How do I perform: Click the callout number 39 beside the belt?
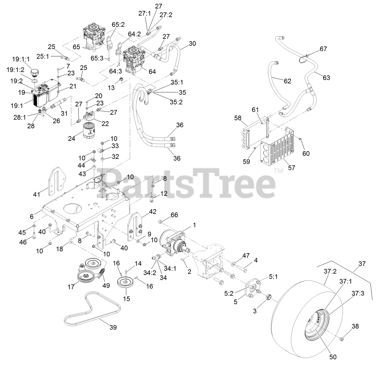pyautogui.click(x=113, y=327)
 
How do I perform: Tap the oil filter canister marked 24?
pyautogui.click(x=88, y=130)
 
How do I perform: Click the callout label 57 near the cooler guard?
pyautogui.click(x=292, y=168)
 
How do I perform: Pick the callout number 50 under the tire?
pyautogui.click(x=333, y=357)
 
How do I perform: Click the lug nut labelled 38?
pyautogui.click(x=342, y=338)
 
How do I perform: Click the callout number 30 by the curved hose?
pyautogui.click(x=192, y=44)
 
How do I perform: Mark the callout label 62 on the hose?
pyautogui.click(x=287, y=81)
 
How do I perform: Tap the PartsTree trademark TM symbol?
pyautogui.click(x=278, y=171)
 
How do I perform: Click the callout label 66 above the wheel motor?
pyautogui.click(x=174, y=215)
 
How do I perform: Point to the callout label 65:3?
pyautogui.click(x=97, y=58)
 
